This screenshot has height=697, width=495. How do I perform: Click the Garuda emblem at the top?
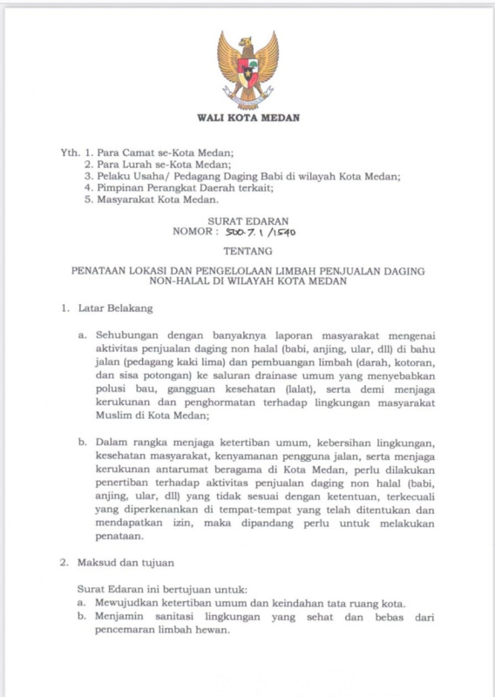coord(247,69)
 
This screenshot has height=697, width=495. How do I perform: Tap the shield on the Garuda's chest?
coord(247,70)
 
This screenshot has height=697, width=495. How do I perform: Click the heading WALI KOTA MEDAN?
coord(247,118)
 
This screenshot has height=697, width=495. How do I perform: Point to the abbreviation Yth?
coord(70,152)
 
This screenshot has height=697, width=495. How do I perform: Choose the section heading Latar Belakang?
coord(116,308)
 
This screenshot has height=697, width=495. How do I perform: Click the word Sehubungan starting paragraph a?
coord(127,335)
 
